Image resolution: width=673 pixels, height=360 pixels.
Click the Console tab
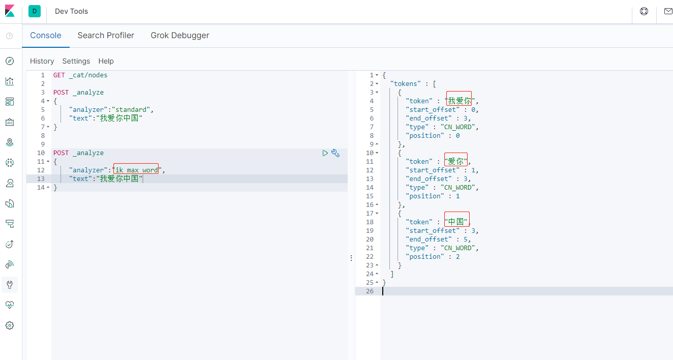tap(46, 36)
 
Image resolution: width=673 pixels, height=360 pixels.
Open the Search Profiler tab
tap(106, 36)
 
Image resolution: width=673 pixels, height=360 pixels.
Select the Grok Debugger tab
tap(179, 36)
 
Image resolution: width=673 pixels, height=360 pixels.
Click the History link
tap(42, 61)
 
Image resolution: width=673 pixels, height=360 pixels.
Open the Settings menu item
tap(76, 61)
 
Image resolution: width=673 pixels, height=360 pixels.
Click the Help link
tap(106, 61)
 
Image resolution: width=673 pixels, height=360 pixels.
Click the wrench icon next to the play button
tap(335, 153)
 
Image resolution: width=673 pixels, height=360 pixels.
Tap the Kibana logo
tap(10, 11)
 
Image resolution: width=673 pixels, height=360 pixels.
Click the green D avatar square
tap(35, 11)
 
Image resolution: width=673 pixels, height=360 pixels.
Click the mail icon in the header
tap(668, 11)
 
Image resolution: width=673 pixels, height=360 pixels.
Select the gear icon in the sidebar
tap(10, 325)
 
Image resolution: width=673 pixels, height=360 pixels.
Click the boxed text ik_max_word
tap(136, 170)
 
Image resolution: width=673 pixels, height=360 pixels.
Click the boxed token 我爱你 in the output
tap(459, 101)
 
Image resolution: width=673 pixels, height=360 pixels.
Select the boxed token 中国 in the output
tap(456, 222)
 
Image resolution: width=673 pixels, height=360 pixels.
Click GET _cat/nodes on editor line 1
tap(80, 75)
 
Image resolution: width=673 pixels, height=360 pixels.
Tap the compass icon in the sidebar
tap(10, 61)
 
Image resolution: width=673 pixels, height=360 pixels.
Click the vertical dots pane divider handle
tap(351, 258)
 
